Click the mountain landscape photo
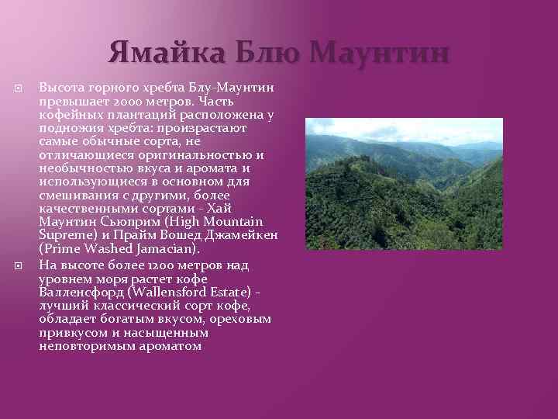coord(403,184)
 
